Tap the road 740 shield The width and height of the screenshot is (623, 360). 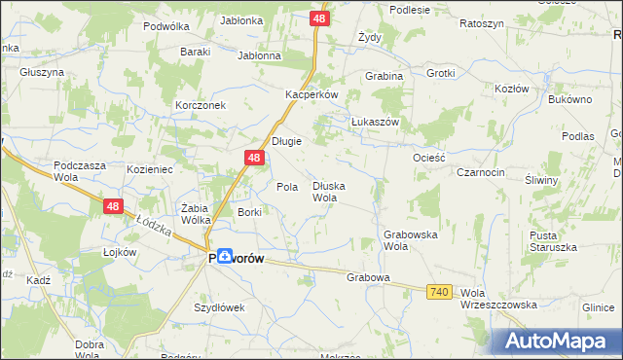pyautogui.click(x=438, y=292)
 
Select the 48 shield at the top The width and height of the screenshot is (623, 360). pyautogui.click(x=320, y=18)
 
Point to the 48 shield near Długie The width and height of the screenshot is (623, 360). pyautogui.click(x=253, y=158)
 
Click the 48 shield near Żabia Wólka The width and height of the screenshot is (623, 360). pyautogui.click(x=114, y=205)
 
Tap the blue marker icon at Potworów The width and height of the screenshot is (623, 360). pyautogui.click(x=224, y=256)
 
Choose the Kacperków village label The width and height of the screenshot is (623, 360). pyautogui.click(x=311, y=94)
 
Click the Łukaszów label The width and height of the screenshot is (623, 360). pyautogui.click(x=376, y=122)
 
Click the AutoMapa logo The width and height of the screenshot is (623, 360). pyautogui.click(x=560, y=341)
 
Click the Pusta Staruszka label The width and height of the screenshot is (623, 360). pyautogui.click(x=552, y=241)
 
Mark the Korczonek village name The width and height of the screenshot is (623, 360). pyautogui.click(x=201, y=104)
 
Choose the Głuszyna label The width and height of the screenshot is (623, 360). pyautogui.click(x=41, y=72)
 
